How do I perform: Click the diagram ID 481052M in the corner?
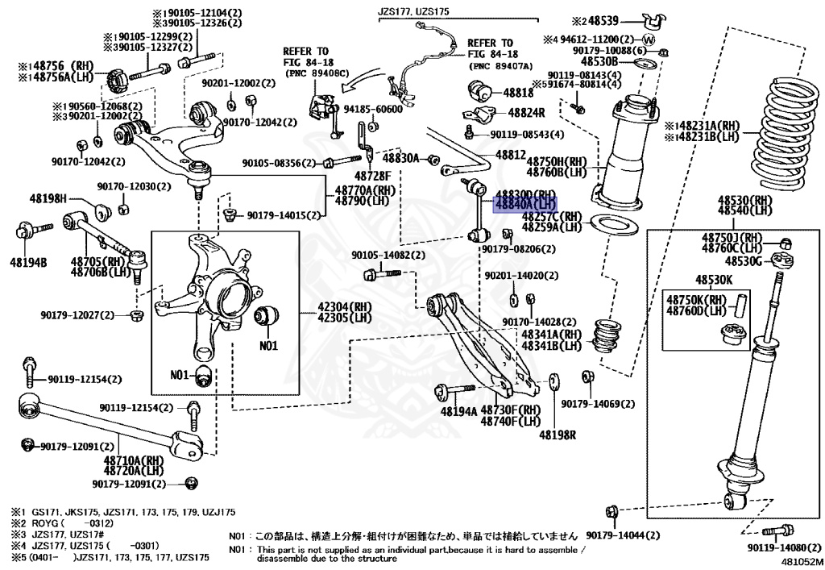(801, 561)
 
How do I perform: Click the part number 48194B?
(29, 262)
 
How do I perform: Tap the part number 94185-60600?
(373, 109)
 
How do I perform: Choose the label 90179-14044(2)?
(623, 535)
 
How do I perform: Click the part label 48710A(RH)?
(134, 460)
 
